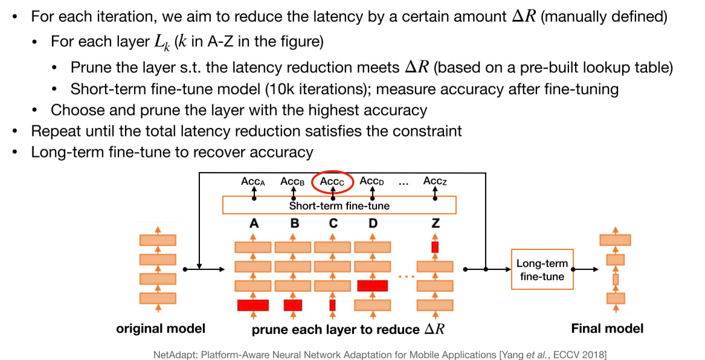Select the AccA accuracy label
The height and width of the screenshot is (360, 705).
(254, 181)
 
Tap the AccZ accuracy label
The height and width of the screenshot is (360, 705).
(435, 181)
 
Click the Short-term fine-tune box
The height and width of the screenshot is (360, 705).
(339, 205)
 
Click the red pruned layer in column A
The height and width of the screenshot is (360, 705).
(253, 305)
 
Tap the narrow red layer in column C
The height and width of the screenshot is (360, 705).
(332, 305)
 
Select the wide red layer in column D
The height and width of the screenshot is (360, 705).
(372, 285)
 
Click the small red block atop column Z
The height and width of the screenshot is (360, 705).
(435, 247)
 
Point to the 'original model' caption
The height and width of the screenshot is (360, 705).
(161, 329)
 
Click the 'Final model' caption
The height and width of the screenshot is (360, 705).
(607, 329)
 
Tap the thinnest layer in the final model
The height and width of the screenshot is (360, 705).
(616, 280)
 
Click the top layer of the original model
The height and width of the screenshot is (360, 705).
(157, 240)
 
